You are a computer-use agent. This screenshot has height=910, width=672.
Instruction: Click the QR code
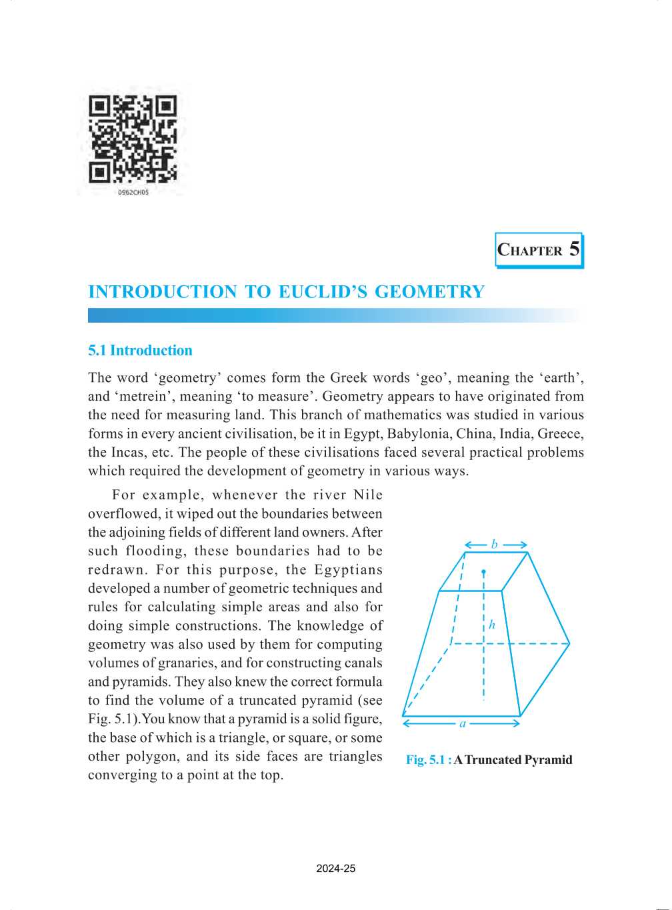[x=133, y=139]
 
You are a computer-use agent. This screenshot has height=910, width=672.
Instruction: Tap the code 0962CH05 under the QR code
[x=133, y=192]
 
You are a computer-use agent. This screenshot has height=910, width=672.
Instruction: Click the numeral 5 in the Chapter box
[x=574, y=249]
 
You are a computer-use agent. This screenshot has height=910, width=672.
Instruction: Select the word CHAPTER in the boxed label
[x=530, y=251]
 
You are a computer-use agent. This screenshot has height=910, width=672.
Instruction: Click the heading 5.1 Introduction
[x=140, y=351]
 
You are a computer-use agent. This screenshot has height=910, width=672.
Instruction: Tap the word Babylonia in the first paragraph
[x=419, y=434]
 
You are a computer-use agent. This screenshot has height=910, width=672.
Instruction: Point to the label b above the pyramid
[x=495, y=545]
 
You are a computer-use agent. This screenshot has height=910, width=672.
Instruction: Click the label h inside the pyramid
[x=492, y=625]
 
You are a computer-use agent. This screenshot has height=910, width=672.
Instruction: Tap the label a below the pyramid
[x=463, y=723]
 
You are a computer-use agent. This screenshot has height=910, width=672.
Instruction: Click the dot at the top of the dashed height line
[x=483, y=572]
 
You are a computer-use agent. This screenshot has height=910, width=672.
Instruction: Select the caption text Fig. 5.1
[x=425, y=760]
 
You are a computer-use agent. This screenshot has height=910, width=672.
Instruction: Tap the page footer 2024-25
[x=336, y=869]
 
